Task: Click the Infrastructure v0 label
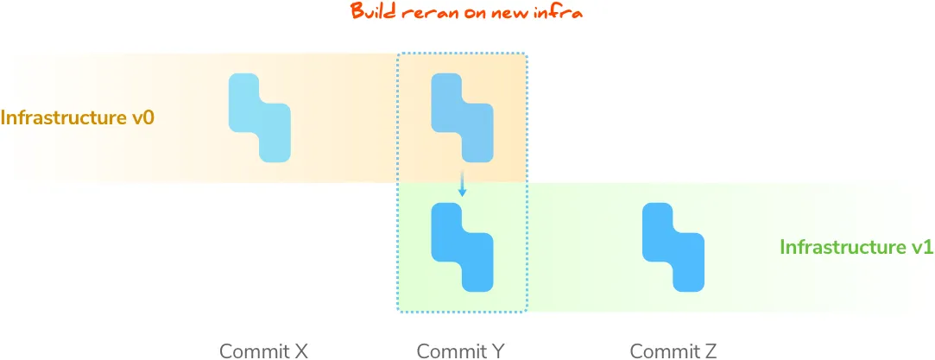click(x=78, y=117)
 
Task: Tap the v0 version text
click(x=142, y=117)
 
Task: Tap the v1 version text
click(x=922, y=247)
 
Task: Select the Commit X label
click(x=263, y=351)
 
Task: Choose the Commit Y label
click(x=461, y=351)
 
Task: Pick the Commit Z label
click(x=673, y=351)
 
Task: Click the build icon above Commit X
click(x=260, y=118)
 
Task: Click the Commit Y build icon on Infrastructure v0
click(x=462, y=118)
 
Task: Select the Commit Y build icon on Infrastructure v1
click(x=462, y=247)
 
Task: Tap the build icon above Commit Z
click(x=673, y=247)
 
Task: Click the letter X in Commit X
click(x=300, y=351)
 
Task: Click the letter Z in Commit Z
click(x=710, y=351)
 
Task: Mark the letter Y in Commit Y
click(x=498, y=351)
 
